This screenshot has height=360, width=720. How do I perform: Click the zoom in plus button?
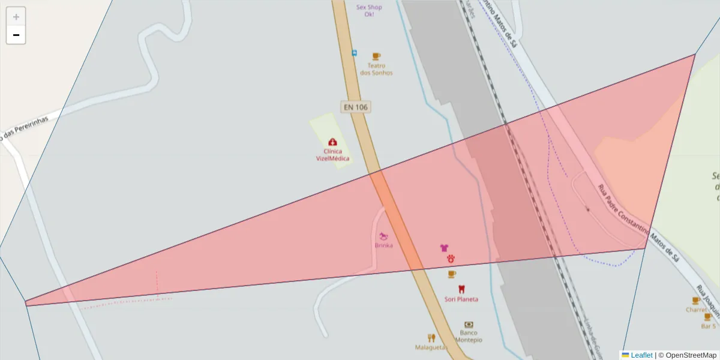coord(16,17)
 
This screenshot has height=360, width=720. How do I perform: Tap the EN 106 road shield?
coord(355,107)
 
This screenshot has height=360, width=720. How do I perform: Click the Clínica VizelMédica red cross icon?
coord(332,142)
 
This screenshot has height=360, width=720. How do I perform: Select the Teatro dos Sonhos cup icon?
coord(376,56)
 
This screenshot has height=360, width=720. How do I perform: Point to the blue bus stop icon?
coord(354,53)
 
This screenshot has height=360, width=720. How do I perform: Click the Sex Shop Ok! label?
coord(369,10)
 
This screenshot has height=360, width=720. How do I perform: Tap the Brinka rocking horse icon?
coord(383,236)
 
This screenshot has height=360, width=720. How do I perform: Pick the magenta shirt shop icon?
coord(444,247)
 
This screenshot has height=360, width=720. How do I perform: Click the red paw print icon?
coord(451,258)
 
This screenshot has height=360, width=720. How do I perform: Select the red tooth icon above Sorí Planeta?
coord(461,289)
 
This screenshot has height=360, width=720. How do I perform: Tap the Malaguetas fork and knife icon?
coord(431,338)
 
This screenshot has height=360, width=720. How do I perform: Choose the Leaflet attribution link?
coord(641,355)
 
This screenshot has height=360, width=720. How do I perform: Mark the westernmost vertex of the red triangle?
coord(25,303)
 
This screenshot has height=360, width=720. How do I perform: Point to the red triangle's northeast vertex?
coord(695,55)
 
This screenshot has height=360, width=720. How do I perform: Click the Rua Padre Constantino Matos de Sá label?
coord(638,224)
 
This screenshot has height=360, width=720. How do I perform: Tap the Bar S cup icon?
coord(708,317)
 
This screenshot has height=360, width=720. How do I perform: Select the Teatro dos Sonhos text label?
coord(376,69)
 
